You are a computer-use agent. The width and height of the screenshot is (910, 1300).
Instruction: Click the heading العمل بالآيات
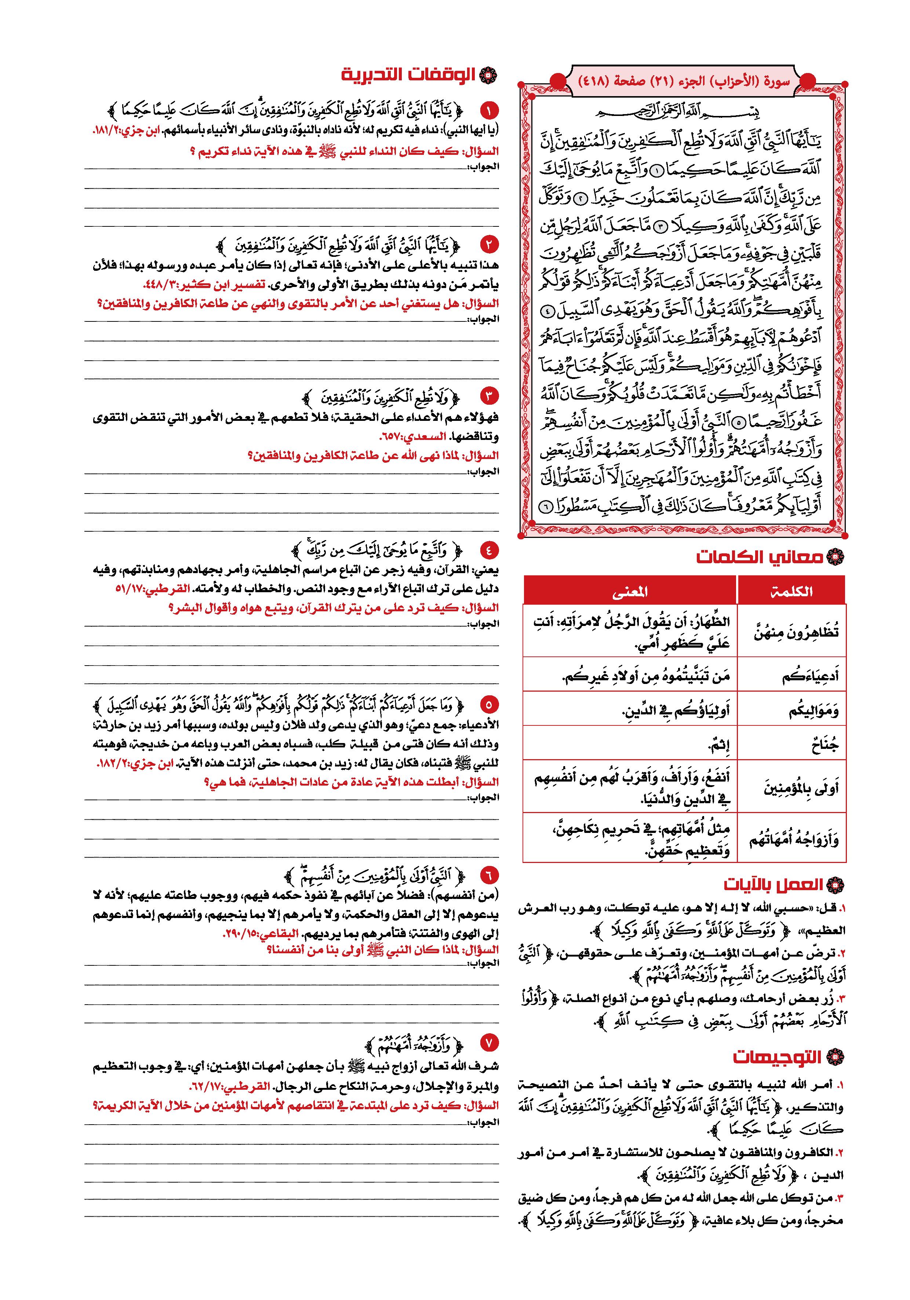click(x=773, y=884)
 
